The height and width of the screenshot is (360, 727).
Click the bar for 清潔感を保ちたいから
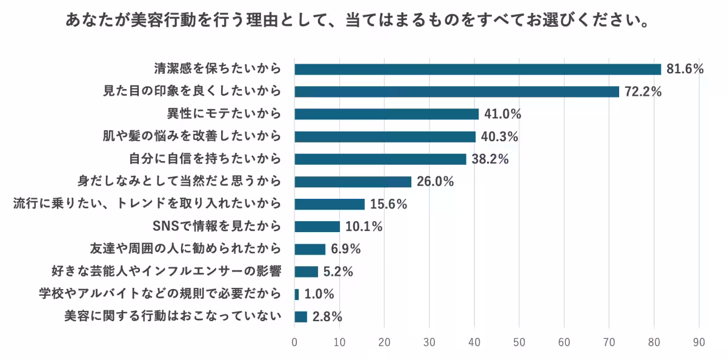point(477,69)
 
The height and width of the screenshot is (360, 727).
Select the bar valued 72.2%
point(456,92)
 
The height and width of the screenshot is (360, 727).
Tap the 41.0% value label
point(502,114)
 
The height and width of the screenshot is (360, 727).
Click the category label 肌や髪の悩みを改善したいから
point(192,136)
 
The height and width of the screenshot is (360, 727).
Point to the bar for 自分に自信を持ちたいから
point(380,159)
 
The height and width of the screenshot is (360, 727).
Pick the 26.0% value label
point(435,182)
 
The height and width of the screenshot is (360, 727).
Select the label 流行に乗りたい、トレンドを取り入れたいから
point(147,204)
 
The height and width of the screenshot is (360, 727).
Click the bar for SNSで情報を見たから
point(317,227)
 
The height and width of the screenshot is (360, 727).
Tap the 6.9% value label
point(346,249)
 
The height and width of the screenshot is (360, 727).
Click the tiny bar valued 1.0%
point(297,294)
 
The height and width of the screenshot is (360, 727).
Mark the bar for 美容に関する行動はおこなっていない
point(300,316)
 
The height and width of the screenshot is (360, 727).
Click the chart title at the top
point(358,21)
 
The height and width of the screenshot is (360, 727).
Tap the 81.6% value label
point(685,69)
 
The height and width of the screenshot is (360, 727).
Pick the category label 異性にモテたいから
point(224,114)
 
